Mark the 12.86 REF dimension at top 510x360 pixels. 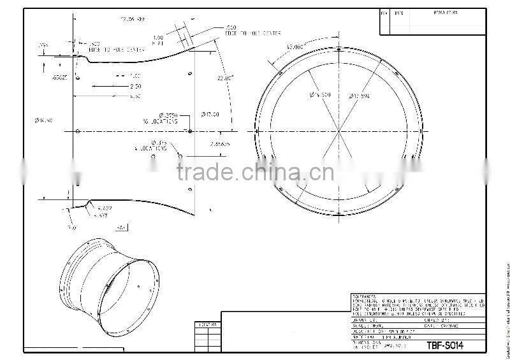pos(129,20)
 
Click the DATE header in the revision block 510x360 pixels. pos(399,13)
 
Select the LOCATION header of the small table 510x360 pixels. pos(207,325)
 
